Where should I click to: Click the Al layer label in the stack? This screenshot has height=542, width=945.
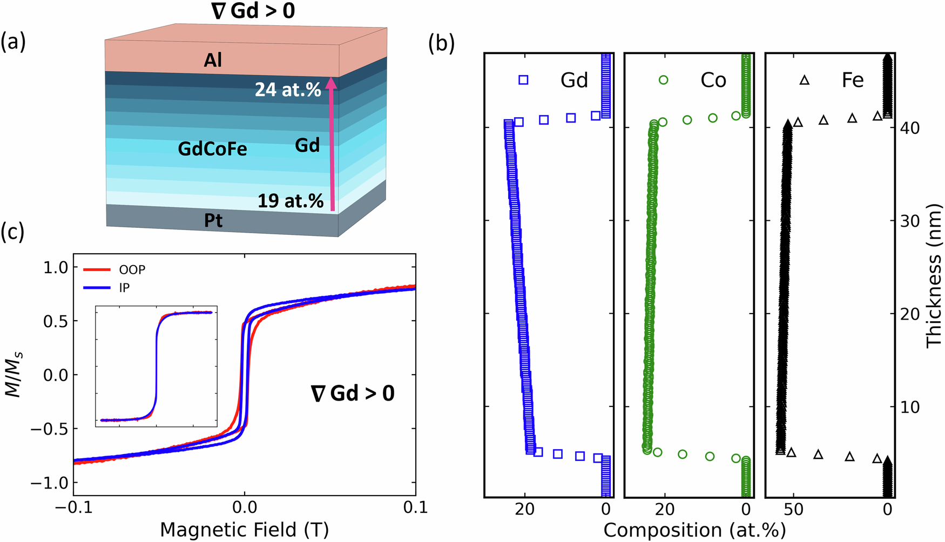click(x=213, y=60)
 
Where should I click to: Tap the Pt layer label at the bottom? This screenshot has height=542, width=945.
click(x=213, y=221)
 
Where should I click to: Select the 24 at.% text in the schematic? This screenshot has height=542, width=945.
click(x=288, y=89)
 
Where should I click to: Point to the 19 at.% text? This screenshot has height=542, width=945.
click(x=290, y=201)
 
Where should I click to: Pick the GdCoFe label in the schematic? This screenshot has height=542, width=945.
click(x=212, y=149)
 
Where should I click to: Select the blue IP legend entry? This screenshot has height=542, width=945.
click(x=107, y=288)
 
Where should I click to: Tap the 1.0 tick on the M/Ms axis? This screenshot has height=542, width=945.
click(x=56, y=268)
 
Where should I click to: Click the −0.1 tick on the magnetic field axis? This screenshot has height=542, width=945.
click(x=80, y=508)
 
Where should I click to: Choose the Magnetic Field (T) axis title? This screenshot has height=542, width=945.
click(x=244, y=530)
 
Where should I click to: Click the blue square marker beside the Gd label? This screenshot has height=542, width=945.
click(x=523, y=80)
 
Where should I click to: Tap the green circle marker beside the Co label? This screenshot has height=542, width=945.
click(x=663, y=80)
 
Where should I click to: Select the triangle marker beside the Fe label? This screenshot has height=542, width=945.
click(x=804, y=80)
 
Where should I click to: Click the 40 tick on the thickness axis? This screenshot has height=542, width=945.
click(x=910, y=128)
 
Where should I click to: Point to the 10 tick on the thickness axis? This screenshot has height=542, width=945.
click(x=910, y=407)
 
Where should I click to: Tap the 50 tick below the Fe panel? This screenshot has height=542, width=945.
click(x=793, y=509)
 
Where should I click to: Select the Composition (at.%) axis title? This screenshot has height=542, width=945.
click(x=694, y=530)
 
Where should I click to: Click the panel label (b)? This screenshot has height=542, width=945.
click(x=441, y=43)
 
